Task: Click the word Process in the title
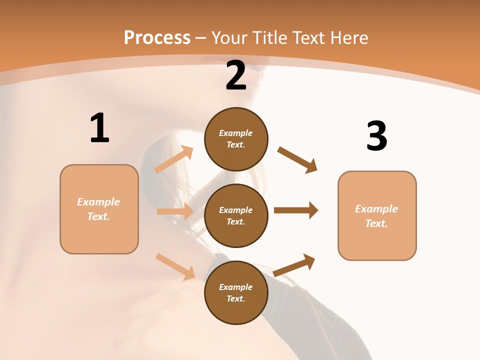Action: coord(157,38)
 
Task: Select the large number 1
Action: coord(99,128)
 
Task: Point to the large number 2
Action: coord(236,76)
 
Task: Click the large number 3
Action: coord(376,136)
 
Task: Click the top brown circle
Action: coord(236,139)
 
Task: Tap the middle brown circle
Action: coord(236,216)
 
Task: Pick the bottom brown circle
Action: coord(236,292)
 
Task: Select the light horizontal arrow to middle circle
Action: coord(175,211)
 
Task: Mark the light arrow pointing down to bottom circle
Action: coord(175,266)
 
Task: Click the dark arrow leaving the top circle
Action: coord(297,159)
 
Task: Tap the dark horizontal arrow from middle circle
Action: coord(296,210)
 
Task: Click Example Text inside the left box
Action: coord(98,209)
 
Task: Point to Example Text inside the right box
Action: coord(376,216)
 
